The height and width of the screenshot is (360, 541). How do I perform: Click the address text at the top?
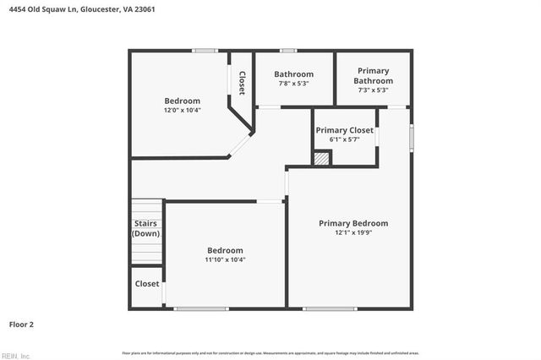pyautogui.click(x=82, y=10)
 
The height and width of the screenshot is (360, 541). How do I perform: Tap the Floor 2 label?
pyautogui.click(x=21, y=324)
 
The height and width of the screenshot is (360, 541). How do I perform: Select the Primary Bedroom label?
pyautogui.click(x=353, y=223)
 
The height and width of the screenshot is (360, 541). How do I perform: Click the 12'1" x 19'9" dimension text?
pyautogui.click(x=353, y=233)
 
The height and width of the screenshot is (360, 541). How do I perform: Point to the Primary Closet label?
pyautogui.click(x=344, y=130)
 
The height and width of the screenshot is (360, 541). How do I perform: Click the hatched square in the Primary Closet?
pyautogui.click(x=321, y=158)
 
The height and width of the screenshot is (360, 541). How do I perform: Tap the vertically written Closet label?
pyautogui.click(x=242, y=83)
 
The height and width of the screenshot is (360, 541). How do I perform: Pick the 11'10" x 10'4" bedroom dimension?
pyautogui.click(x=225, y=260)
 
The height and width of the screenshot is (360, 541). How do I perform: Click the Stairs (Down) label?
pyautogui.click(x=146, y=228)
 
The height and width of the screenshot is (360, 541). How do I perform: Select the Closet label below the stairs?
pyautogui.click(x=147, y=284)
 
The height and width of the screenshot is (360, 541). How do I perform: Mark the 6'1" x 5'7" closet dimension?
pyautogui.click(x=344, y=139)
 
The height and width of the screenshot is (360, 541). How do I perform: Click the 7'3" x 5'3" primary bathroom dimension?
pyautogui.click(x=373, y=90)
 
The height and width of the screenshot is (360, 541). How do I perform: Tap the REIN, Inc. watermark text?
pyautogui.click(x=15, y=355)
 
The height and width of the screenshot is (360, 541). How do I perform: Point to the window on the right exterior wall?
pyautogui.click(x=412, y=136)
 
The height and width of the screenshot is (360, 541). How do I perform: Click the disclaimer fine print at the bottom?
pyautogui.click(x=270, y=352)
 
